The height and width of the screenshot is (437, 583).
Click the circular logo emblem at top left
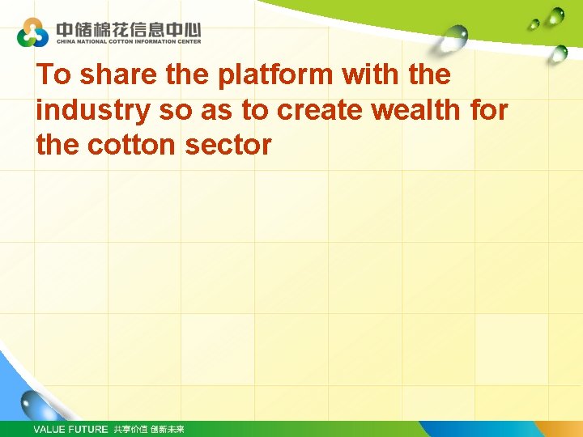point(32,32)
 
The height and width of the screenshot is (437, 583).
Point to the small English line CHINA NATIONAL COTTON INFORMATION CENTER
point(128,40)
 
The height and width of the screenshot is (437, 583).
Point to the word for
point(488,110)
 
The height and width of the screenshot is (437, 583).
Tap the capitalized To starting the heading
point(54,74)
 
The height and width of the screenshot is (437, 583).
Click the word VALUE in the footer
point(50,429)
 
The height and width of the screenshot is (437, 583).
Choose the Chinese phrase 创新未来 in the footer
point(168,429)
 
